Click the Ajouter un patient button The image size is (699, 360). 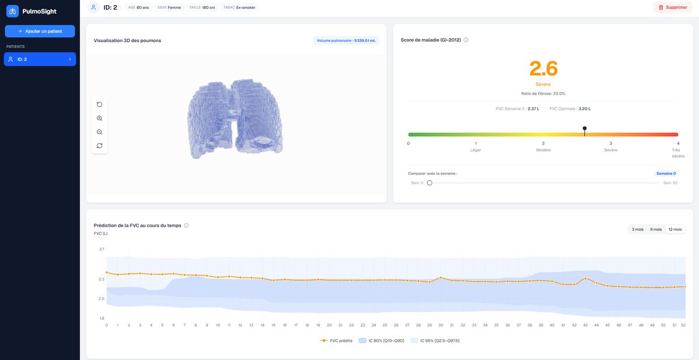pyautogui.click(x=40, y=31)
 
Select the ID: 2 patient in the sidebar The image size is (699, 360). pyautogui.click(x=40, y=59)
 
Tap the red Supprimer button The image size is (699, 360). pyautogui.click(x=673, y=8)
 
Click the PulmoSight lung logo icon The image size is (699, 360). pyautogui.click(x=12, y=11)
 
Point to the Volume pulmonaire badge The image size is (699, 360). pyautogui.click(x=346, y=41)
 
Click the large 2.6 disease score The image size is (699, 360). pyautogui.click(x=543, y=69)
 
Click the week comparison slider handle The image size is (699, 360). pyautogui.click(x=429, y=183)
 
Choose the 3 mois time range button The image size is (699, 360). pyautogui.click(x=637, y=230)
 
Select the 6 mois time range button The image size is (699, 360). pyautogui.click(x=656, y=230)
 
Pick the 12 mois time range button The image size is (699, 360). pyautogui.click(x=675, y=230)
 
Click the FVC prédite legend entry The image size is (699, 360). pyautogui.click(x=336, y=341)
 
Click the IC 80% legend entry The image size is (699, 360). pyautogui.click(x=382, y=341)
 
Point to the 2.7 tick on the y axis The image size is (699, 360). pyautogui.click(x=102, y=249)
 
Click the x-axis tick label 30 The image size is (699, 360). pyautogui.click(x=440, y=325)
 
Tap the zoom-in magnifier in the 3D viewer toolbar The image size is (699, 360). pyautogui.click(x=100, y=118)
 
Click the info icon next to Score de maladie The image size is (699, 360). pyautogui.click(x=466, y=40)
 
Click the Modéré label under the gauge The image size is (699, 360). pyautogui.click(x=543, y=150)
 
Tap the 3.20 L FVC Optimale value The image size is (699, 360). pyautogui.click(x=584, y=109)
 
